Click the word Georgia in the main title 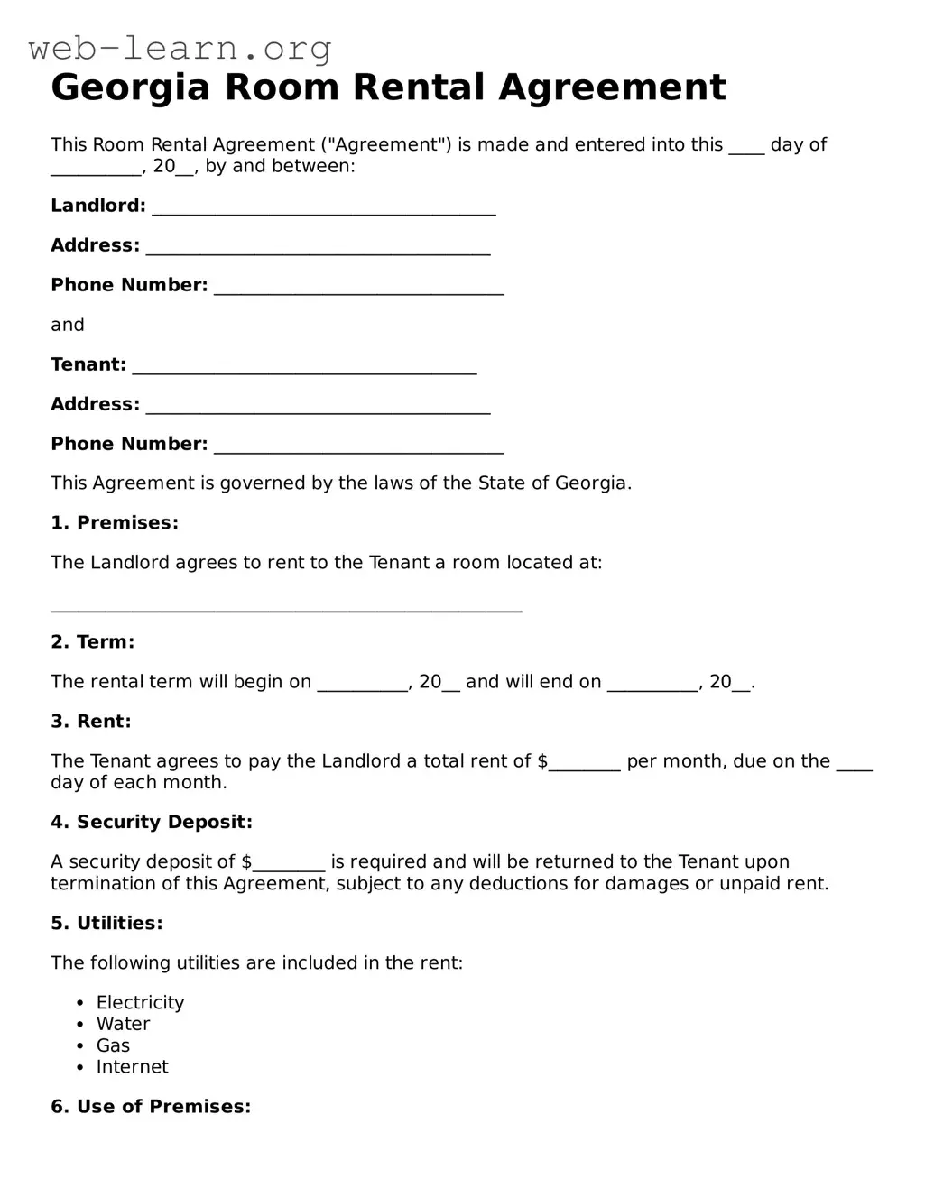[130, 87]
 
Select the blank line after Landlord [324, 207]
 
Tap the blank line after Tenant [304, 366]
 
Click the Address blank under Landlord [318, 247]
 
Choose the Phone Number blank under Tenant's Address [358, 446]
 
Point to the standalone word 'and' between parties [68, 325]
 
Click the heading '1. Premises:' [115, 523]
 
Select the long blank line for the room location [286, 606]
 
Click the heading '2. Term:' [92, 642]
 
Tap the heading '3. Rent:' [91, 722]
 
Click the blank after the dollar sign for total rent [585, 763]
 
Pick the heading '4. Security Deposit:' [152, 823]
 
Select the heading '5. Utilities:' [106, 924]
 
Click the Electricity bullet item [140, 1003]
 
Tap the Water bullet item [123, 1024]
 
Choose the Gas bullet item [113, 1045]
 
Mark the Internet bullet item [132, 1067]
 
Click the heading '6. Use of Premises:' [151, 1107]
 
